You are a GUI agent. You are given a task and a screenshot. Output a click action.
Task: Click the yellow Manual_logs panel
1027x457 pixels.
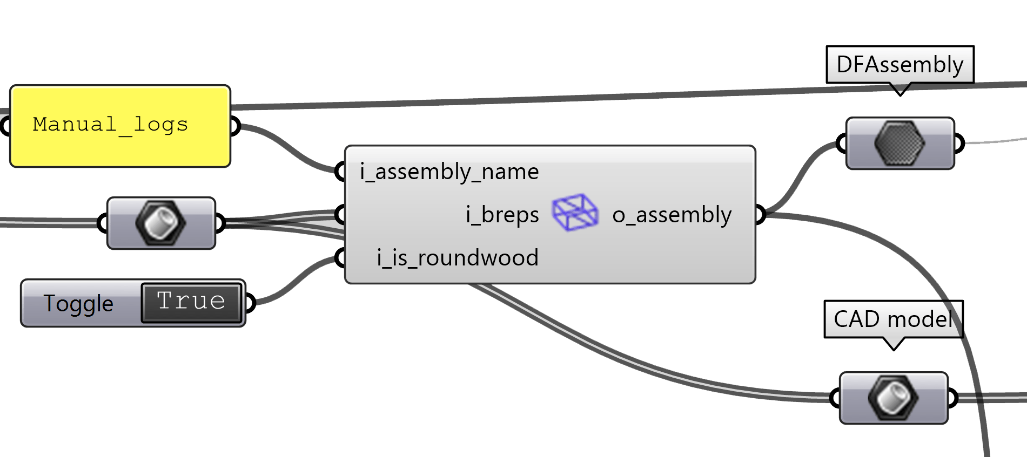(120, 126)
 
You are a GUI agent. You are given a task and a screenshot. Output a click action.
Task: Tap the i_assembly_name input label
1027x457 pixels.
(449, 172)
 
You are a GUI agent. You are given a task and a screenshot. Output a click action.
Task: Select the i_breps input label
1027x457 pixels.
(502, 215)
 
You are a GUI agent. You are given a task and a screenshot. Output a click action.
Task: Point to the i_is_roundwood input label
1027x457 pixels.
(458, 258)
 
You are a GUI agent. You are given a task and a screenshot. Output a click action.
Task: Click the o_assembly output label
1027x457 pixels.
(672, 215)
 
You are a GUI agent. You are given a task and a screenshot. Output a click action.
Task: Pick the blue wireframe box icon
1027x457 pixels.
(575, 213)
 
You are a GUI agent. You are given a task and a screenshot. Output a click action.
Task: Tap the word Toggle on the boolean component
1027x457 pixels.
(78, 303)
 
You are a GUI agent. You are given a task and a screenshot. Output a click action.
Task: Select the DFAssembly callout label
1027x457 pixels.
(900, 65)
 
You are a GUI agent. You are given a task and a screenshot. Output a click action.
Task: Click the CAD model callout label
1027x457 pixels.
(893, 319)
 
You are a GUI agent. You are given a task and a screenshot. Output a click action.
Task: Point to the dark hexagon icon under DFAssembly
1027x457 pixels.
(900, 144)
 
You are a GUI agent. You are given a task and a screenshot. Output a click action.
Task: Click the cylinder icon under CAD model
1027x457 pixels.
(893, 398)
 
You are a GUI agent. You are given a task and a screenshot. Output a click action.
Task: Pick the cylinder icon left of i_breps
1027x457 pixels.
(161, 223)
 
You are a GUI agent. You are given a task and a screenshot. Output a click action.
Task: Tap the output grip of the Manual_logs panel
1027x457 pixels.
(234, 126)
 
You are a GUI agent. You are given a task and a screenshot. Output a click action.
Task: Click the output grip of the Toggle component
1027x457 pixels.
(249, 303)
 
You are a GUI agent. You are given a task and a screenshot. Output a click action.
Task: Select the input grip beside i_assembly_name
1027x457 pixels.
(340, 172)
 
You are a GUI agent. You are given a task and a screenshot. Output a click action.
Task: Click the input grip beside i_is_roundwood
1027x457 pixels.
(340, 258)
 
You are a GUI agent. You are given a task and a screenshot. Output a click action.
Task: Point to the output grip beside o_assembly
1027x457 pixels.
(760, 215)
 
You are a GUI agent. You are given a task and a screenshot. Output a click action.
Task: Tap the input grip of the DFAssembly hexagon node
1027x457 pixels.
(842, 144)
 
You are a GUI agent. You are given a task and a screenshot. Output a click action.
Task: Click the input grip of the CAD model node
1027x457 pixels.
(835, 398)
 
